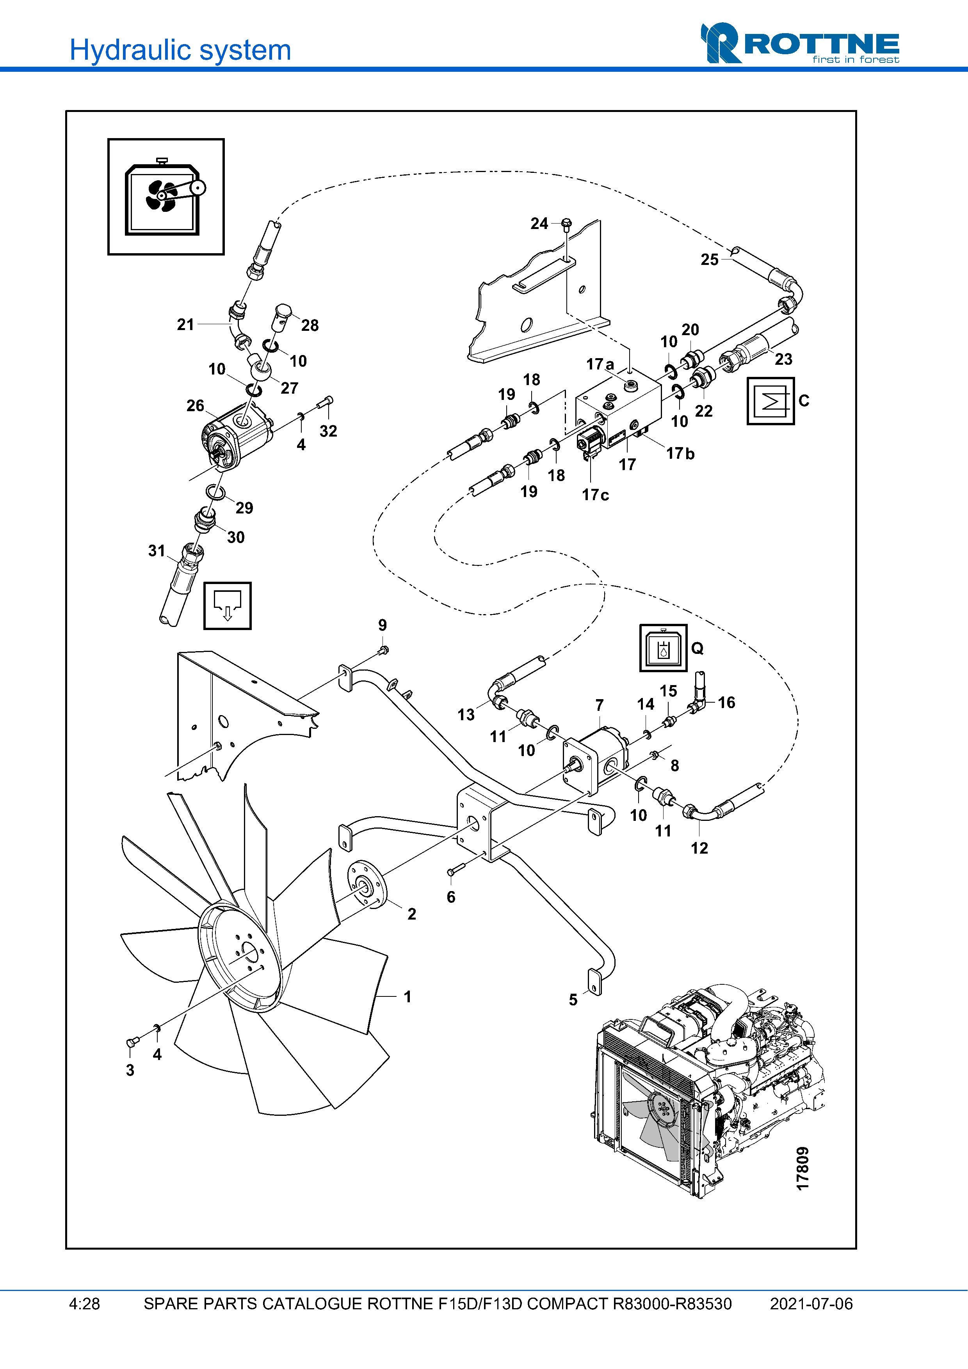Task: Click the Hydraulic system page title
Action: pyautogui.click(x=180, y=50)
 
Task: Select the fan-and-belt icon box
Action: pyautogui.click(x=166, y=197)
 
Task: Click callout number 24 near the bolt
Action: pyautogui.click(x=539, y=224)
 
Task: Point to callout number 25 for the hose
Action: pyautogui.click(x=709, y=259)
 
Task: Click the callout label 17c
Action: pyautogui.click(x=595, y=495)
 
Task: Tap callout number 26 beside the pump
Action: pyautogui.click(x=195, y=406)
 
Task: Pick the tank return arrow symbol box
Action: pyautogui.click(x=227, y=606)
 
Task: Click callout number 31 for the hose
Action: pyautogui.click(x=156, y=551)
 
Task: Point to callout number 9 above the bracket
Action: pyautogui.click(x=382, y=625)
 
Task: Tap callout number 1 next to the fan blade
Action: pyautogui.click(x=407, y=996)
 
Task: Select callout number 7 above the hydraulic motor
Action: pyautogui.click(x=600, y=705)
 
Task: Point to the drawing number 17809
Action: pyautogui.click(x=803, y=1168)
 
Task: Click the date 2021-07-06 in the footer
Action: pyautogui.click(x=811, y=1304)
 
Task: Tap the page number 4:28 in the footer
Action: pyautogui.click(x=85, y=1304)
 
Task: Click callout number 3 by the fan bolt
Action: pyautogui.click(x=130, y=1070)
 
